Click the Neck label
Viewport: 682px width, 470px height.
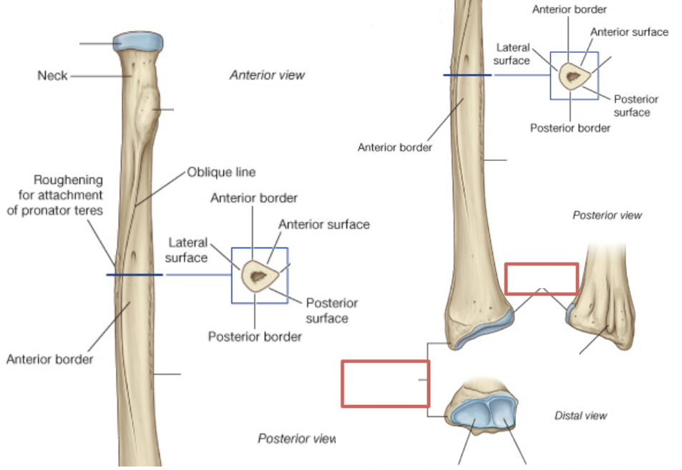[52, 74]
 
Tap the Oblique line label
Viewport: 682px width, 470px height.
[221, 172]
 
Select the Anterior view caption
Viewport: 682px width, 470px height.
[267, 74]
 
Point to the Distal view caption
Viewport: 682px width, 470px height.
[580, 415]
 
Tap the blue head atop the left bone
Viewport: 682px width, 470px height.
[139, 41]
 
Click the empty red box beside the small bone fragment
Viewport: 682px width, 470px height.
[541, 278]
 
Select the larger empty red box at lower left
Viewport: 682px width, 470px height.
[385, 383]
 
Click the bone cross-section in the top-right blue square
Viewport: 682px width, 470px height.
[572, 74]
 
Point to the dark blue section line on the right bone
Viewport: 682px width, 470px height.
[467, 74]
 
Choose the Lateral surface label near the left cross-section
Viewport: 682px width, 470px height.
[187, 250]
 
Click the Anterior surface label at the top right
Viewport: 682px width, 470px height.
[629, 32]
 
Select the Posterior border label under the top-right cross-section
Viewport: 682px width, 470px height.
[570, 128]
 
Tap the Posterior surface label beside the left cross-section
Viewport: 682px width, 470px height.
[331, 310]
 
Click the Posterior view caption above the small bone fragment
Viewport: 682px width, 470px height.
[607, 215]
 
